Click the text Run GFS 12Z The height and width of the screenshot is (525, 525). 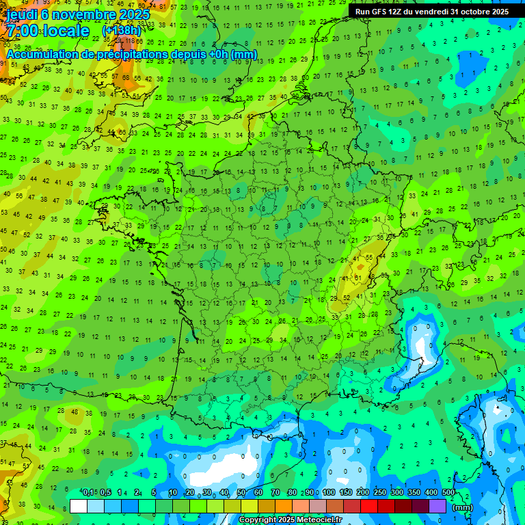click(x=378, y=12)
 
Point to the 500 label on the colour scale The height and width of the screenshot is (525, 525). click(x=448, y=492)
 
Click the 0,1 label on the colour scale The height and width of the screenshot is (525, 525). click(x=88, y=492)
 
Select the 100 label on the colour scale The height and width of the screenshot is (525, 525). click(x=329, y=492)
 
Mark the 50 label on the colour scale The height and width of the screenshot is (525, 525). click(x=241, y=492)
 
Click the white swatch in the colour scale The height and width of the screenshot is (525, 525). click(x=79, y=506)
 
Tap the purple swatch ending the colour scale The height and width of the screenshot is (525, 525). click(x=437, y=506)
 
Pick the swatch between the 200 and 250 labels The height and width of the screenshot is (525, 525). click(x=369, y=506)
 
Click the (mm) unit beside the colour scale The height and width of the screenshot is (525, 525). click(x=463, y=507)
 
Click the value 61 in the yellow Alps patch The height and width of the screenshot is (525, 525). click(x=357, y=278)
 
